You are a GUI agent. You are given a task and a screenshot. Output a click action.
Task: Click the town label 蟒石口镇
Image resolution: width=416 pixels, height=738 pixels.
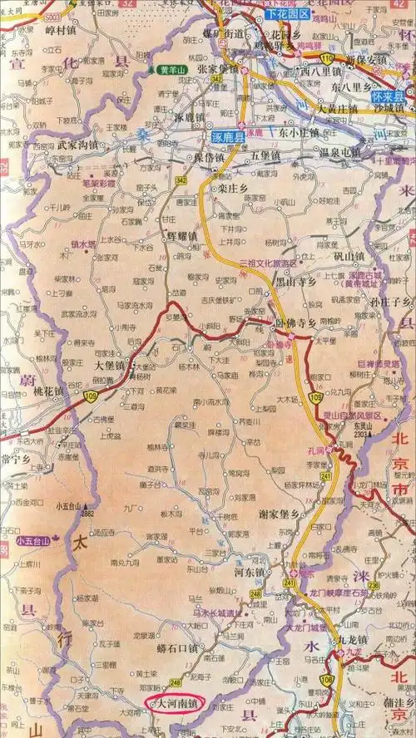click(179, 647)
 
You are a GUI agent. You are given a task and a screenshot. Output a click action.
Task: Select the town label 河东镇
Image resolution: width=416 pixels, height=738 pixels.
click(248, 573)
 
